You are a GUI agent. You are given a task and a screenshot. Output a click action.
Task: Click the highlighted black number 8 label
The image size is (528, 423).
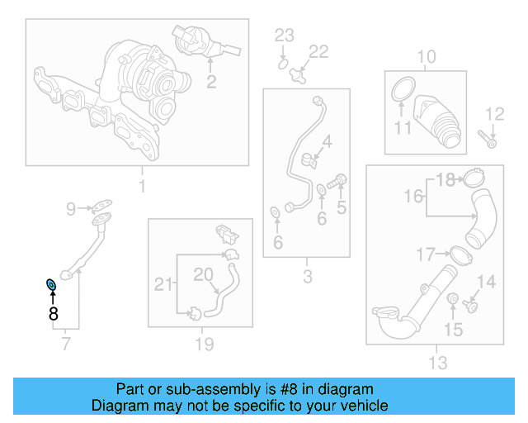[x=53, y=313]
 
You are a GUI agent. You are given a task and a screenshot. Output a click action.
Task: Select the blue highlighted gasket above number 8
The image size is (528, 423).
[x=51, y=286]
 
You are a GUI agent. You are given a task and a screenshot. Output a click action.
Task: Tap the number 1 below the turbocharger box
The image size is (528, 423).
[x=141, y=186]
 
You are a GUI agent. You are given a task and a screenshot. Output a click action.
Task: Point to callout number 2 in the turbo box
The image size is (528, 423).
[x=211, y=81]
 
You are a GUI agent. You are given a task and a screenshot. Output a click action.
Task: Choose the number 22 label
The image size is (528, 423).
[x=318, y=52]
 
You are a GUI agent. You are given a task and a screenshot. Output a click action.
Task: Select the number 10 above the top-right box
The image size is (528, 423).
[x=426, y=57]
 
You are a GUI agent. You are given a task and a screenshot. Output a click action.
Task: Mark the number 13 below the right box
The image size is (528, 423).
[x=437, y=362]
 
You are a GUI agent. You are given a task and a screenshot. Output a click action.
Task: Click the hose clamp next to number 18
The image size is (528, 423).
[x=472, y=178]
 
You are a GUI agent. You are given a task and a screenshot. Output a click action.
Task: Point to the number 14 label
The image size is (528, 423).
[x=487, y=283]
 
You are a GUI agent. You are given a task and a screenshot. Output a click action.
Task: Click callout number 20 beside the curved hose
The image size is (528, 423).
[x=203, y=273]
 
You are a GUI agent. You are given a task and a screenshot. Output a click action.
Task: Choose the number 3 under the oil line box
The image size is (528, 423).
[x=307, y=277]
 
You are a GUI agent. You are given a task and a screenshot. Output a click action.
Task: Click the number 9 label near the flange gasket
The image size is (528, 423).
[x=71, y=208]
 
